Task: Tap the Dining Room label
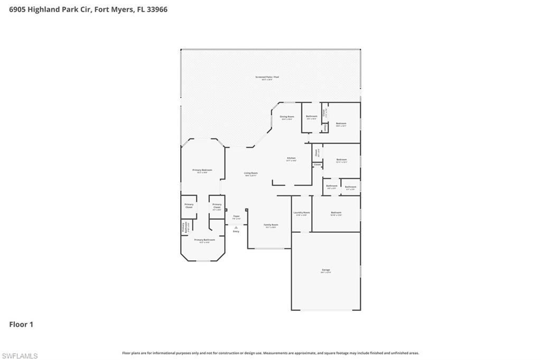287,117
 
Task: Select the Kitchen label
291,158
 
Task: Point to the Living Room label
250,174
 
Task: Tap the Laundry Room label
301,213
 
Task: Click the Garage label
325,270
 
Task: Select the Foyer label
236,216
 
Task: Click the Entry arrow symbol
236,227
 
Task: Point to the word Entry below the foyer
236,231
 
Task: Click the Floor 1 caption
21,325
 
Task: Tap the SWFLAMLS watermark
20,356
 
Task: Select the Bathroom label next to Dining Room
312,116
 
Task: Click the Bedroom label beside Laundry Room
336,213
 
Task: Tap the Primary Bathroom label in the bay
204,240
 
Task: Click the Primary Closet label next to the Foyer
217,206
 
